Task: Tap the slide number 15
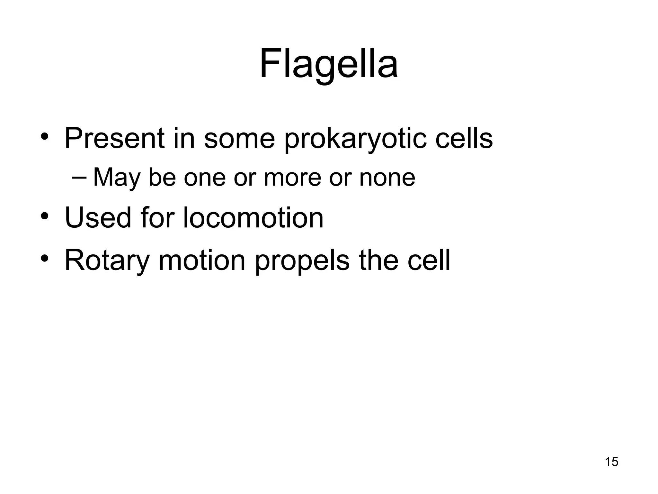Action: tap(611, 462)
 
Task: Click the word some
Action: tap(239, 139)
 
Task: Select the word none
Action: tap(387, 178)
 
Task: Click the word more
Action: tap(292, 178)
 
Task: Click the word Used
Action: tap(98, 218)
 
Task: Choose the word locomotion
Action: tap(253, 218)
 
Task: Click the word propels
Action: tap(302, 261)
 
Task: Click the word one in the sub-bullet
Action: tap(205, 178)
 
